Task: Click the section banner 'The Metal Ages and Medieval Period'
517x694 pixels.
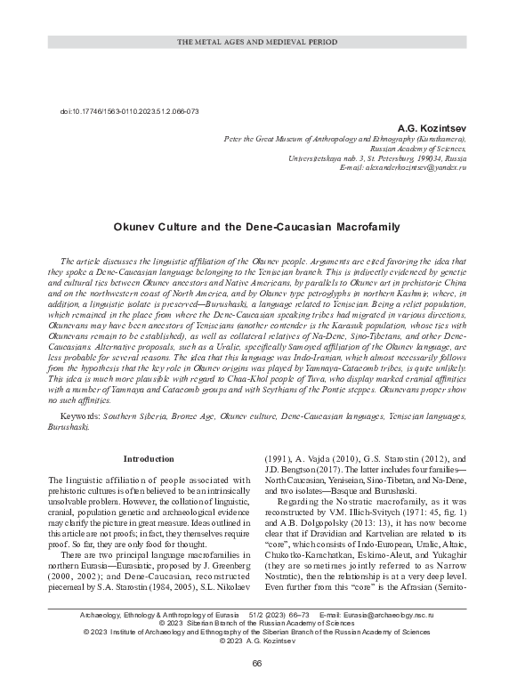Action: pos(258,42)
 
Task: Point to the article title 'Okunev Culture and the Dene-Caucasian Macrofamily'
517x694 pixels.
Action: pos(258,226)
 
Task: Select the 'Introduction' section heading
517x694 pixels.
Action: pos(149,459)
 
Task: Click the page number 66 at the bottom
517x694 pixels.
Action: pos(257,665)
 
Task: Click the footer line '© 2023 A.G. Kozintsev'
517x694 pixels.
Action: pos(258,640)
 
